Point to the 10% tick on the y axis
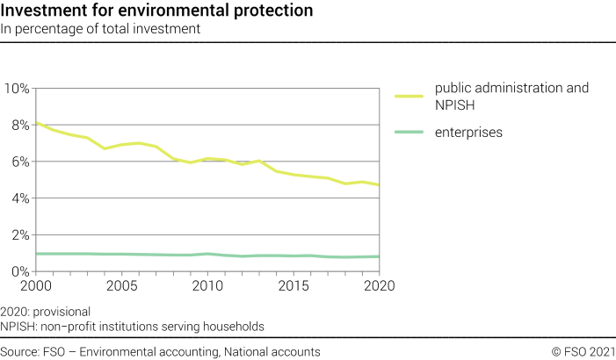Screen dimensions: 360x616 [x=17, y=89]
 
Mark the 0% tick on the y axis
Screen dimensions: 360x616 [x=19, y=272]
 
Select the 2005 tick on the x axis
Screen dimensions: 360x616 [x=121, y=286]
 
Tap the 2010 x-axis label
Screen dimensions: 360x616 [x=207, y=286]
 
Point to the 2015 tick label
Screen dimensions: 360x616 [x=294, y=286]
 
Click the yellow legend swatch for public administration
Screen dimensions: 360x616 [x=409, y=96]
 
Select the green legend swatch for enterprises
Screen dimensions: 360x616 [x=409, y=133]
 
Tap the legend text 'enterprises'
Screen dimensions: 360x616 [x=468, y=133]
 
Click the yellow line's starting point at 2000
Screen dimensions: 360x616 [x=35, y=123]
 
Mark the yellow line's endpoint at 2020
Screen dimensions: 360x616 [x=380, y=185]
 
